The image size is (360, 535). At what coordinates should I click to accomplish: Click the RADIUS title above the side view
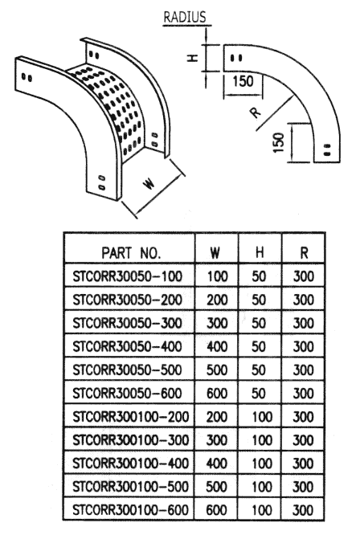[x=185, y=17]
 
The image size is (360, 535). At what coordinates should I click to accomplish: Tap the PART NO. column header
[x=131, y=253]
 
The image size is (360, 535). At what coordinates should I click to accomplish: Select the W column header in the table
[x=215, y=253]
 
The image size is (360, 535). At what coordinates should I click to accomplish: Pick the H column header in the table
[x=260, y=253]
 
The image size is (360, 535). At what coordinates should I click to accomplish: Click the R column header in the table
[x=304, y=253]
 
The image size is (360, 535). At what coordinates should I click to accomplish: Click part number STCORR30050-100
[x=127, y=276]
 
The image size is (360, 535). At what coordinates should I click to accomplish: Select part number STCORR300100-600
[x=131, y=510]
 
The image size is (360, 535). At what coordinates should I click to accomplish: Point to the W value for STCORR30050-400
[x=217, y=347]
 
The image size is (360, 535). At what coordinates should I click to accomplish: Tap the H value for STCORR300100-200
[x=262, y=417]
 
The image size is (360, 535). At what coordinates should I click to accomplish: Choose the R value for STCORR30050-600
[x=304, y=394]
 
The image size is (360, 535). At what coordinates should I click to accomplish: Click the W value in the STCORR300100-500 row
[x=217, y=487]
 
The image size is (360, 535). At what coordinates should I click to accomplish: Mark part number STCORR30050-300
[x=127, y=323]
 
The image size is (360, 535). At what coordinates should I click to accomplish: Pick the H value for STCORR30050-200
[x=259, y=300]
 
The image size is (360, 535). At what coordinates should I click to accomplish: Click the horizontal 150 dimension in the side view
[x=243, y=82]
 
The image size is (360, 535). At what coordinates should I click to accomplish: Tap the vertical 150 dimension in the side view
[x=279, y=143]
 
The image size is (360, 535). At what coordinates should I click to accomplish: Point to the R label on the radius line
[x=256, y=112]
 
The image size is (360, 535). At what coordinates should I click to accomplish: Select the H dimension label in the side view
[x=193, y=58]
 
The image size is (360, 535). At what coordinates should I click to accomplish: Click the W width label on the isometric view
[x=149, y=184]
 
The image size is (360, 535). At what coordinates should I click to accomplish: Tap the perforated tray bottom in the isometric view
[x=111, y=102]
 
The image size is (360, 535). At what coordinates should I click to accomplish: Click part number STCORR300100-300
[x=131, y=439]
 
